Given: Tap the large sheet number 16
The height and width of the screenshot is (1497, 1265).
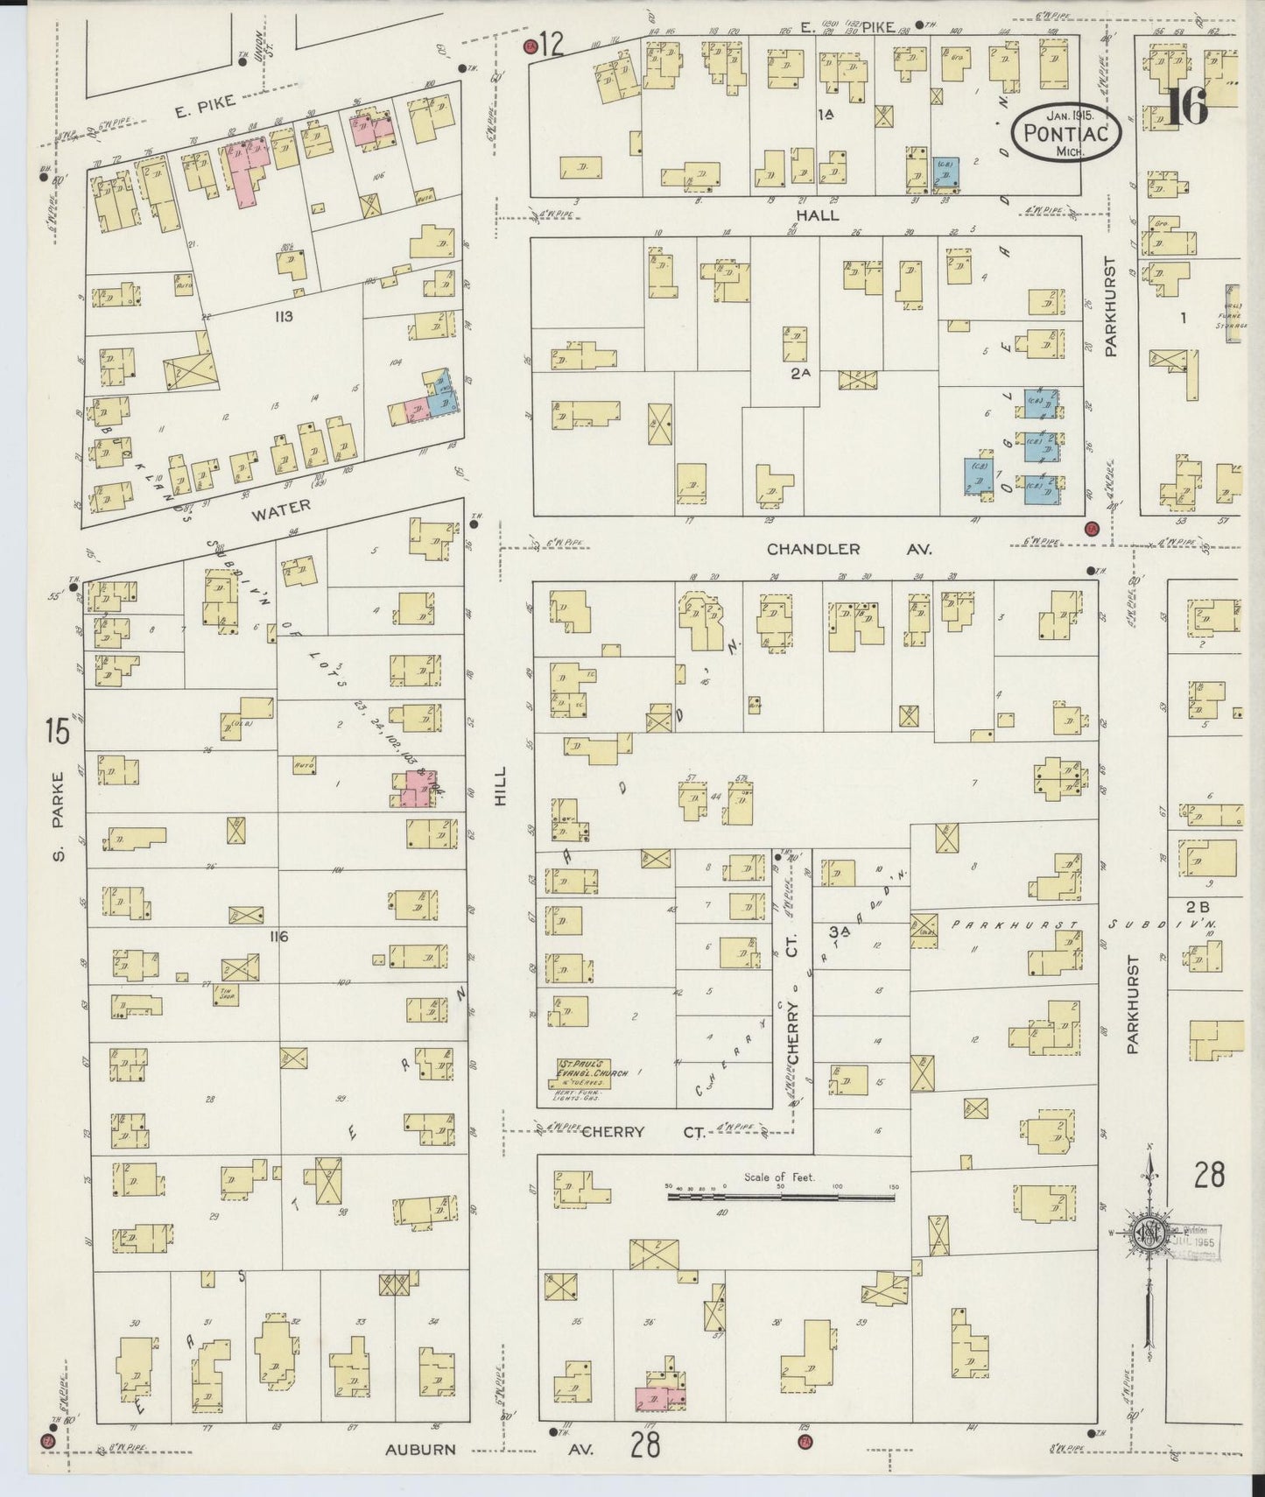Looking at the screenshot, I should (1187, 107).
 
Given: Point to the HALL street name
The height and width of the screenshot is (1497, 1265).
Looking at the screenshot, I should (817, 214).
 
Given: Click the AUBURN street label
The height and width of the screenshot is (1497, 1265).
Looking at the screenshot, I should (421, 1449).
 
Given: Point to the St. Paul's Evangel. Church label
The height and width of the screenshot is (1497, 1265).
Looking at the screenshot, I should (583, 1067).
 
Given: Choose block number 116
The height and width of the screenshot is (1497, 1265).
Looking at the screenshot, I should (279, 937).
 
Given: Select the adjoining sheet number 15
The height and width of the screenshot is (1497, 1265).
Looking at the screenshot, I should (58, 731).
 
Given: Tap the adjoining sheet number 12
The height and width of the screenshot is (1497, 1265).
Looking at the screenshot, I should (551, 44).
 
